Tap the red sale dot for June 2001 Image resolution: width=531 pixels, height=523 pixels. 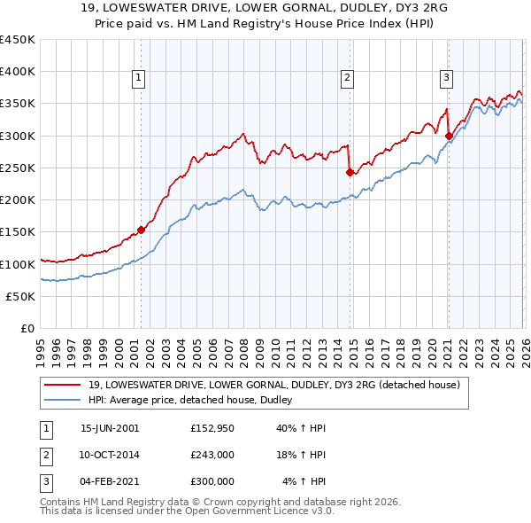(x=141, y=230)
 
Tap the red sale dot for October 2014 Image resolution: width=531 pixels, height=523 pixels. (x=350, y=172)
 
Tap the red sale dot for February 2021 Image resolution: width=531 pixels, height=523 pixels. (x=449, y=136)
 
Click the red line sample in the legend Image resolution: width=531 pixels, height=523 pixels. (x=61, y=386)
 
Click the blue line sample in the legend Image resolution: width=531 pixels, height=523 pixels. (x=61, y=401)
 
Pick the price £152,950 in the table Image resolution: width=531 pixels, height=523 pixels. (x=212, y=428)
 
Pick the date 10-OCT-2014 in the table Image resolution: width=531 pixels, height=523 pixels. (x=110, y=455)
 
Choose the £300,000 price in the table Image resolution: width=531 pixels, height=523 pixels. (x=212, y=481)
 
